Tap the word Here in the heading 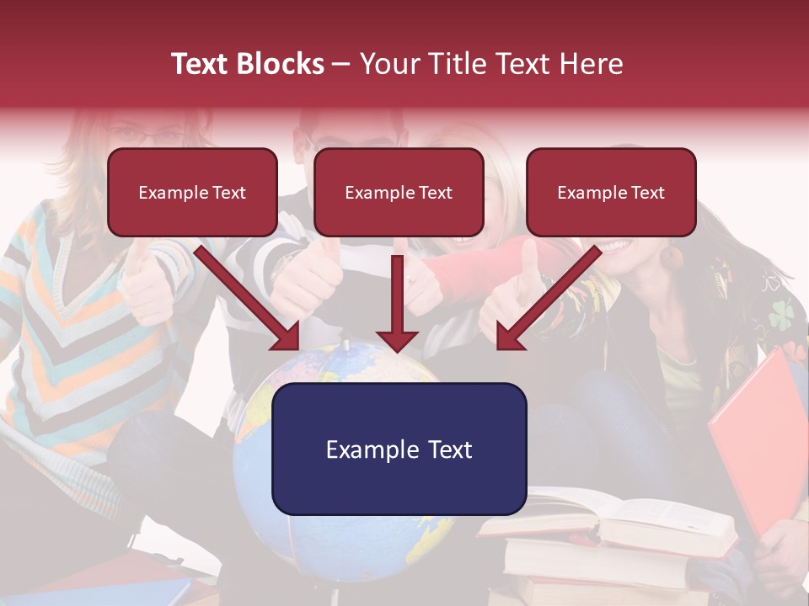[x=592, y=64]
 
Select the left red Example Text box [x=192, y=192]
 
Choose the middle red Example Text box [x=399, y=192]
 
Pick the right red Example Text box [x=611, y=192]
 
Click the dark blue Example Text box [x=399, y=449]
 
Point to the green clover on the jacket [x=780, y=313]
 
